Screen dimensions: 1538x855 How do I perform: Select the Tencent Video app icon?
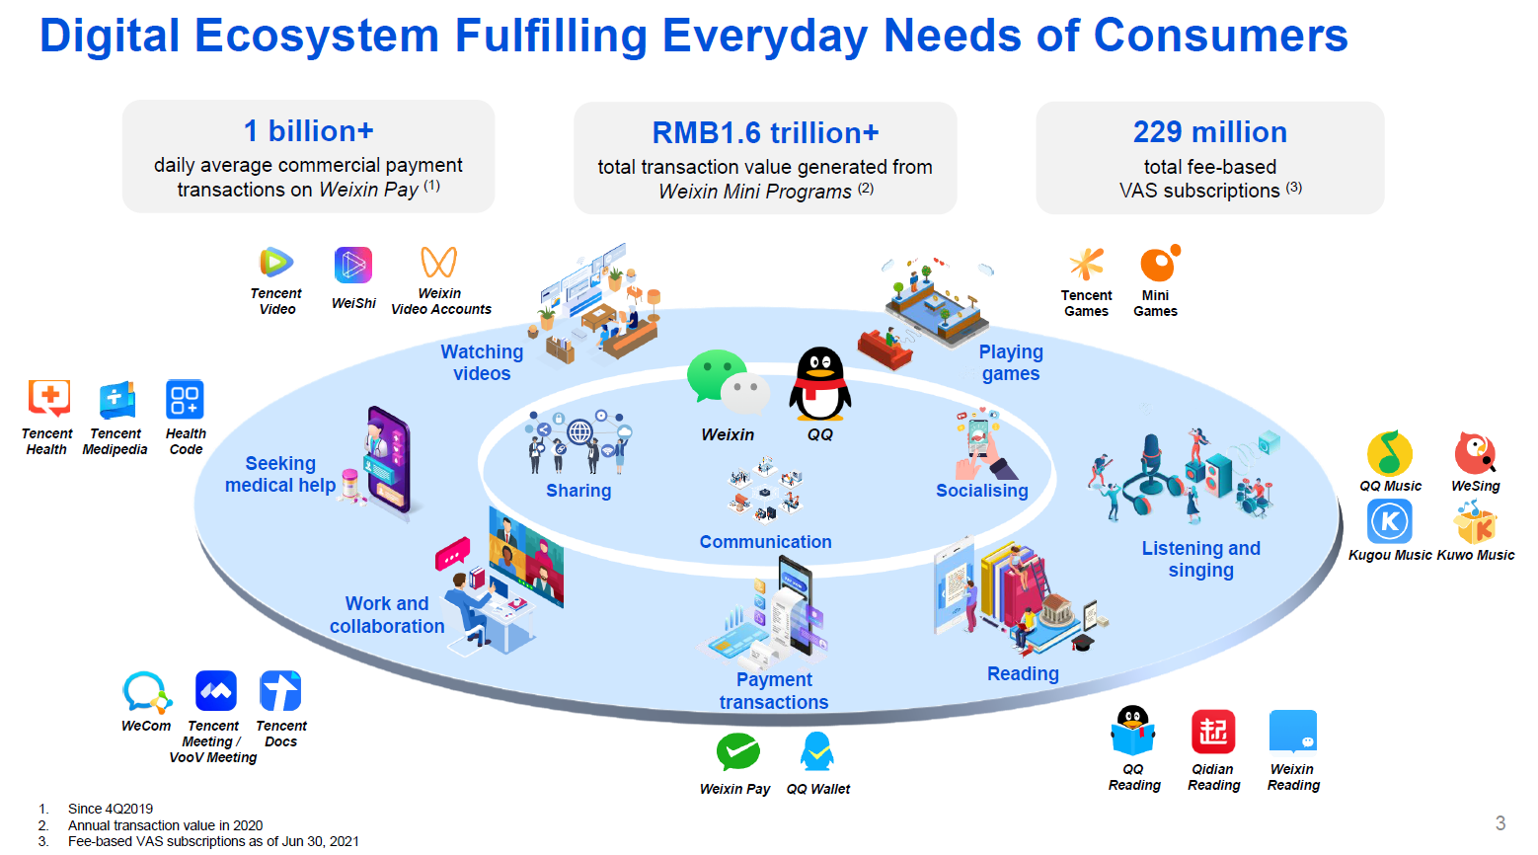coord(276,263)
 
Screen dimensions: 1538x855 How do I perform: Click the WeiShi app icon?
coord(353,265)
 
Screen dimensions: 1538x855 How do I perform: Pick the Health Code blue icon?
coord(185,399)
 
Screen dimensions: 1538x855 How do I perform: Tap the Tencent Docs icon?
coord(280,691)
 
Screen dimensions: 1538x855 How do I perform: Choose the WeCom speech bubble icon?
coord(146,692)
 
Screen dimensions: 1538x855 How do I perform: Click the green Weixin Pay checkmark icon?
coord(737,752)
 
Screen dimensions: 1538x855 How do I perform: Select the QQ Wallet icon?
coord(817,751)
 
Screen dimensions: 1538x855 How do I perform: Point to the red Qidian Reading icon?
coord(1213,732)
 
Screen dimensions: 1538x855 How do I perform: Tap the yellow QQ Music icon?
coord(1390,453)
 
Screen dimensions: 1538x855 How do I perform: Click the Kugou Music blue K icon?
coord(1390,521)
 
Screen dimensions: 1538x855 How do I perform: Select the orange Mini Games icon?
coord(1160,263)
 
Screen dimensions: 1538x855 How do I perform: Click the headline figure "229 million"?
coord(1210,132)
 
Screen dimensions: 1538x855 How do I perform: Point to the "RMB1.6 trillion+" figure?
coord(765,133)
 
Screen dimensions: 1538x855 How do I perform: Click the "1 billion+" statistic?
coord(308,131)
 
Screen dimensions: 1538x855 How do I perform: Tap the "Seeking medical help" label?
coord(280,475)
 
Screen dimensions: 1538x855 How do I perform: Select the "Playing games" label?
coord(1011,362)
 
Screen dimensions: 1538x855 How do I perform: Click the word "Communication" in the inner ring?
coord(766,542)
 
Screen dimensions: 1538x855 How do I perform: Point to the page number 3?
coord(1500,822)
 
